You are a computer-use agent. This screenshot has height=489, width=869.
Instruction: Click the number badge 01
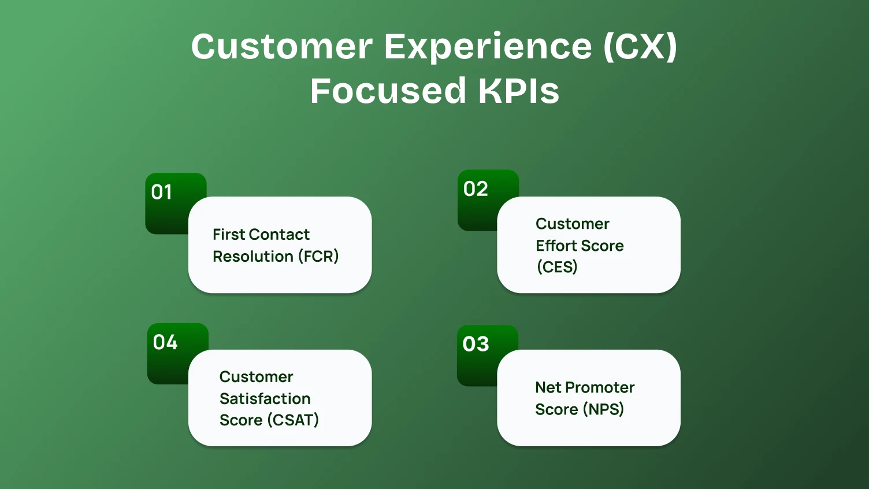[162, 192]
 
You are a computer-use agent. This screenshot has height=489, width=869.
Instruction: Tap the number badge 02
[476, 189]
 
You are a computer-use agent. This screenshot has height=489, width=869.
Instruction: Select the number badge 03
[476, 344]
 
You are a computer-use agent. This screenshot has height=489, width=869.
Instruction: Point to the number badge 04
[165, 342]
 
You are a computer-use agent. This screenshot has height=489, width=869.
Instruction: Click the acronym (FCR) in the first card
[318, 256]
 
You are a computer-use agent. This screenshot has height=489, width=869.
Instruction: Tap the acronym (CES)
[557, 267]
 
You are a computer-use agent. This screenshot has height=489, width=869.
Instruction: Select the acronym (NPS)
[603, 409]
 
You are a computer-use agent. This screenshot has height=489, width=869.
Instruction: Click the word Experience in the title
[488, 46]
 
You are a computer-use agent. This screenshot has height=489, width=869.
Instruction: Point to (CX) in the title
[640, 46]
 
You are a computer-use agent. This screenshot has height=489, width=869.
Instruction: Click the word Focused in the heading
[388, 91]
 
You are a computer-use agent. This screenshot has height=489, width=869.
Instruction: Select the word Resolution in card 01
[253, 256]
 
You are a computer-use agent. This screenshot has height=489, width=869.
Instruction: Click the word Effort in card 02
[556, 246]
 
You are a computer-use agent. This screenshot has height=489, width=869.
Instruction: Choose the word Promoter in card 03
[600, 387]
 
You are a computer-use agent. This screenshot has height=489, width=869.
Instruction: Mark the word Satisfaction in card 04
[265, 399]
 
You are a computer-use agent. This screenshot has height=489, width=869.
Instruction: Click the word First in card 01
[229, 235]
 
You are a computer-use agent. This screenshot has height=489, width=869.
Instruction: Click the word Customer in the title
[282, 46]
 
